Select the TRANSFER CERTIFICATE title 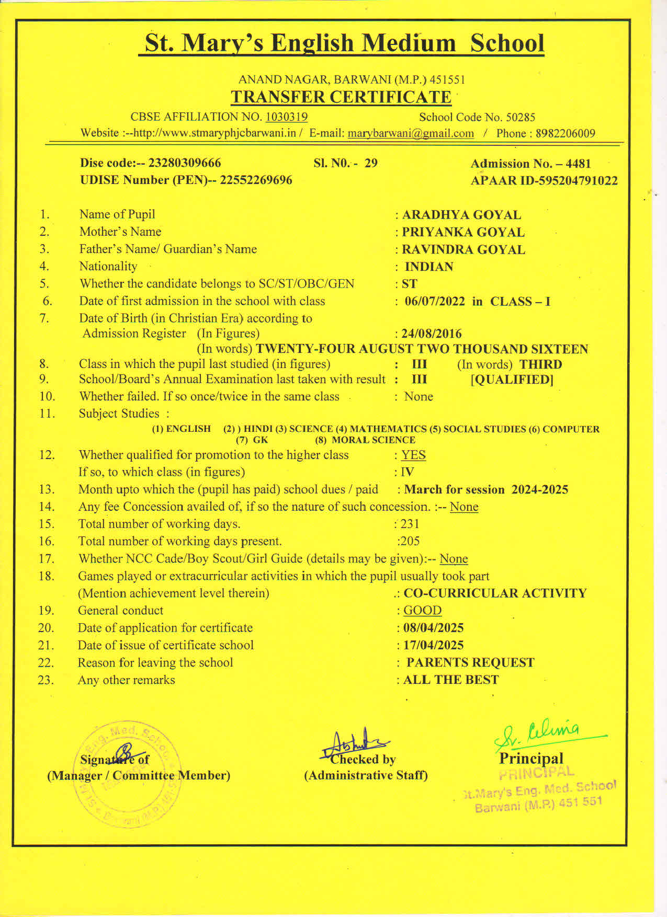(341, 97)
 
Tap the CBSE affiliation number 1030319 (286, 117)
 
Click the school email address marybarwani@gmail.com (411, 133)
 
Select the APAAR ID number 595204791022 (574, 181)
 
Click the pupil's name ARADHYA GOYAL (461, 215)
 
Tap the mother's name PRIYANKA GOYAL (463, 232)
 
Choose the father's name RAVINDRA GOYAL (463, 249)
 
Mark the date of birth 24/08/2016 (432, 334)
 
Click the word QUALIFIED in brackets (512, 380)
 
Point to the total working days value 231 (410, 524)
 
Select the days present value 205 (410, 541)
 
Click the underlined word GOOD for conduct (422, 611)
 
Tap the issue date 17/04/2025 (433, 645)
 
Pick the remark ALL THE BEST (450, 680)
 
